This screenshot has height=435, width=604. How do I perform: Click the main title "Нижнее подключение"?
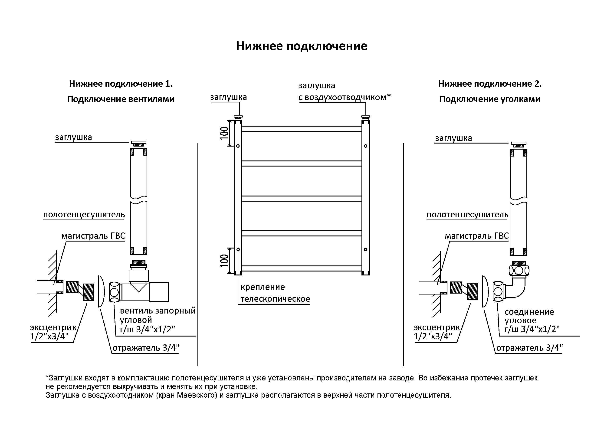(302, 46)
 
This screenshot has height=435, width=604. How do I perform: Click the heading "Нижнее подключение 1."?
(121, 84)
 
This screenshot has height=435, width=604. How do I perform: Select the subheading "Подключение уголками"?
(489, 99)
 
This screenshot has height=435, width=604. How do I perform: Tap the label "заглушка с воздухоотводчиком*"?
(344, 91)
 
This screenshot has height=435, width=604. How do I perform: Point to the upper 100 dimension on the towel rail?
(224, 133)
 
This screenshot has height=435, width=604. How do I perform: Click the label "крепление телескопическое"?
(275, 293)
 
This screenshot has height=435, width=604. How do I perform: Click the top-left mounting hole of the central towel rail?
(238, 146)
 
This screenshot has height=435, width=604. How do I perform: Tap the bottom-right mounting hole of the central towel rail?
(365, 249)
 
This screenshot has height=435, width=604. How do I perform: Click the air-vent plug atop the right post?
(365, 117)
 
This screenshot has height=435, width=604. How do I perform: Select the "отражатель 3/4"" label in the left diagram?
(146, 348)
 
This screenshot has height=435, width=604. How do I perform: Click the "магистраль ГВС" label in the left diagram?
(93, 236)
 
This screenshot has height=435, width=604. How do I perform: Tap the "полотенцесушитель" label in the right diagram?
(467, 215)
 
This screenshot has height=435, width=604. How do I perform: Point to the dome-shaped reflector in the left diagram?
(101, 291)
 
